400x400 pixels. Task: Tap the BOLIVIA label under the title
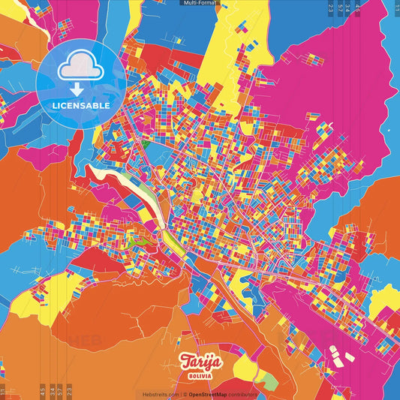(x=199, y=374)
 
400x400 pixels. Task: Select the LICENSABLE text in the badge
(x=82, y=106)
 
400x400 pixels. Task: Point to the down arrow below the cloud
(x=82, y=87)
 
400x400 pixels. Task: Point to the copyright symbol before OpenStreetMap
(x=185, y=394)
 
